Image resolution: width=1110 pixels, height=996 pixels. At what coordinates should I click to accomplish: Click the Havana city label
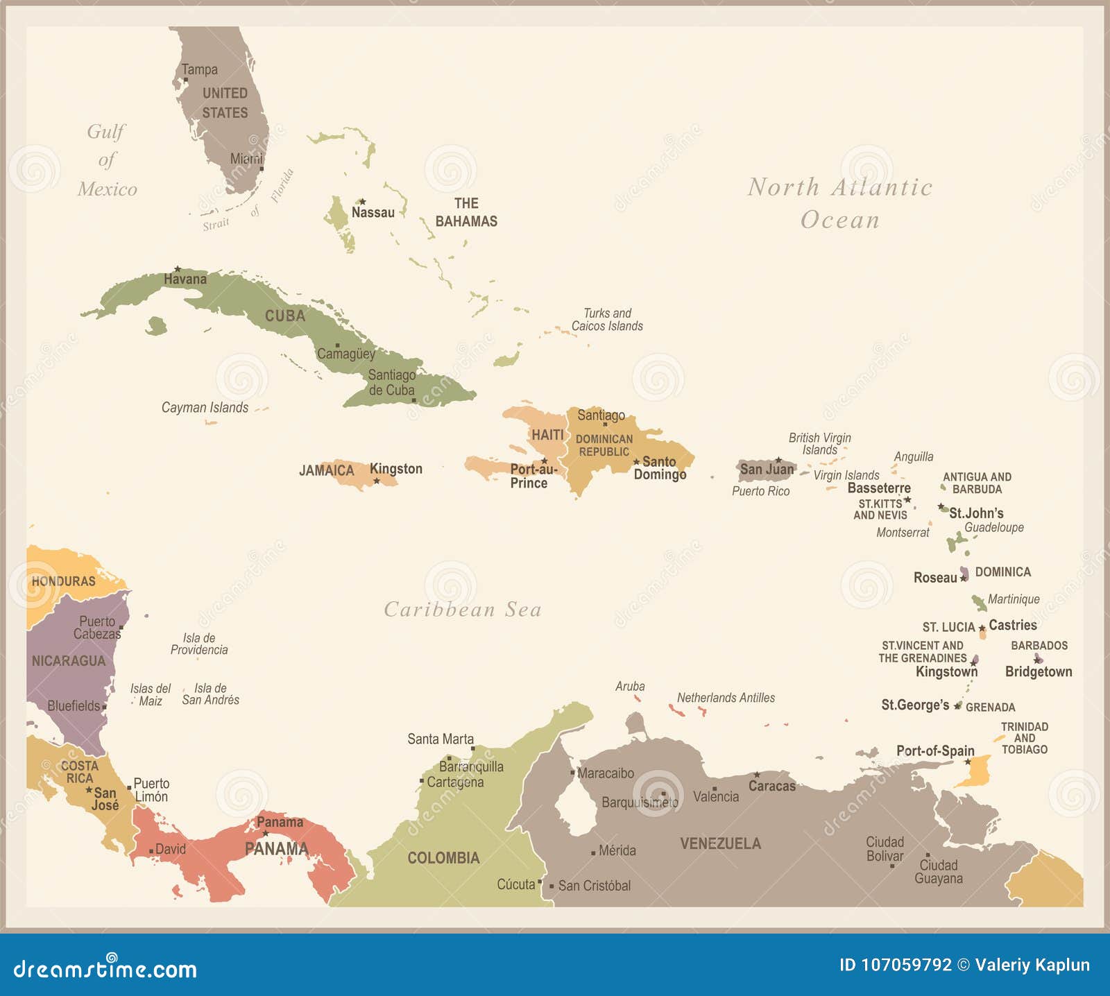185,279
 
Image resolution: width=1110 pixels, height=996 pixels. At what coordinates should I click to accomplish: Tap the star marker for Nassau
361,202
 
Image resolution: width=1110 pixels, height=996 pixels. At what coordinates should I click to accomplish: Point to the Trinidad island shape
975,771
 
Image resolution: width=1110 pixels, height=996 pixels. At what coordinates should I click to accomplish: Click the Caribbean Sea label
463,610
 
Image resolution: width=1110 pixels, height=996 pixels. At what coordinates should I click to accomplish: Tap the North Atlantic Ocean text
839,203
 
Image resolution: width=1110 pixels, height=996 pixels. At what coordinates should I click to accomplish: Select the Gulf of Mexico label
107,160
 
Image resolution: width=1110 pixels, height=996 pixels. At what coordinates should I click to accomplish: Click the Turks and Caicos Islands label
607,320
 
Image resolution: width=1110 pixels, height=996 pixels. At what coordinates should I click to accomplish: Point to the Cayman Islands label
205,407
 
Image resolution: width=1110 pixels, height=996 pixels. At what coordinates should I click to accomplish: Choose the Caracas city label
772,786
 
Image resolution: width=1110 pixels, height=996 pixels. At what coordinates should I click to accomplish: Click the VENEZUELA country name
720,843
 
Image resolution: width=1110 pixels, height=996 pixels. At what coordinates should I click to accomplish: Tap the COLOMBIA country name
443,858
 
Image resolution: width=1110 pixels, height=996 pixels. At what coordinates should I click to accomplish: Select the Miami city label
246,159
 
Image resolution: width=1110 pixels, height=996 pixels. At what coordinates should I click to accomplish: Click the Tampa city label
200,69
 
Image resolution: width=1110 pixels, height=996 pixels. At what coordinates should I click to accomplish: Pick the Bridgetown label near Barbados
1039,671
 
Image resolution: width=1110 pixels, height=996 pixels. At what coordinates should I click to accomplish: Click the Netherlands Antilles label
726,698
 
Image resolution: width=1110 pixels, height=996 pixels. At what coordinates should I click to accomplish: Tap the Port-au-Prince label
533,476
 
